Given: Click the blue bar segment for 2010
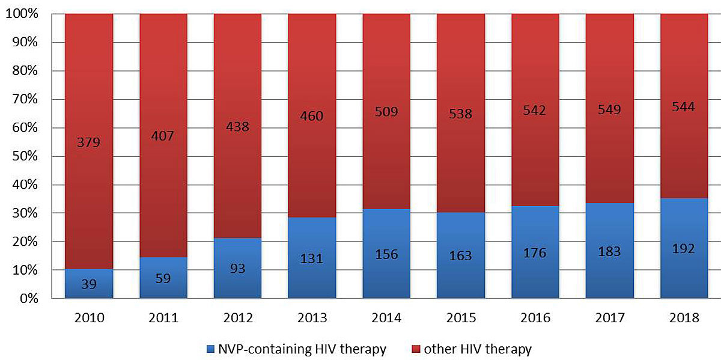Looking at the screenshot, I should tap(89, 284).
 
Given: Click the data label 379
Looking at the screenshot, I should tap(88, 142).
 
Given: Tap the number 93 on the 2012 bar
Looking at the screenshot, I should tap(237, 268).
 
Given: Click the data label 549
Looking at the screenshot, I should tap(609, 109).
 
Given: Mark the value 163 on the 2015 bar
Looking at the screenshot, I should tap(460, 255).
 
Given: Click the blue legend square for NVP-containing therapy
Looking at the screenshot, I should tap(210, 349).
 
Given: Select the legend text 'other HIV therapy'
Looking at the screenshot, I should tap(478, 349).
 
